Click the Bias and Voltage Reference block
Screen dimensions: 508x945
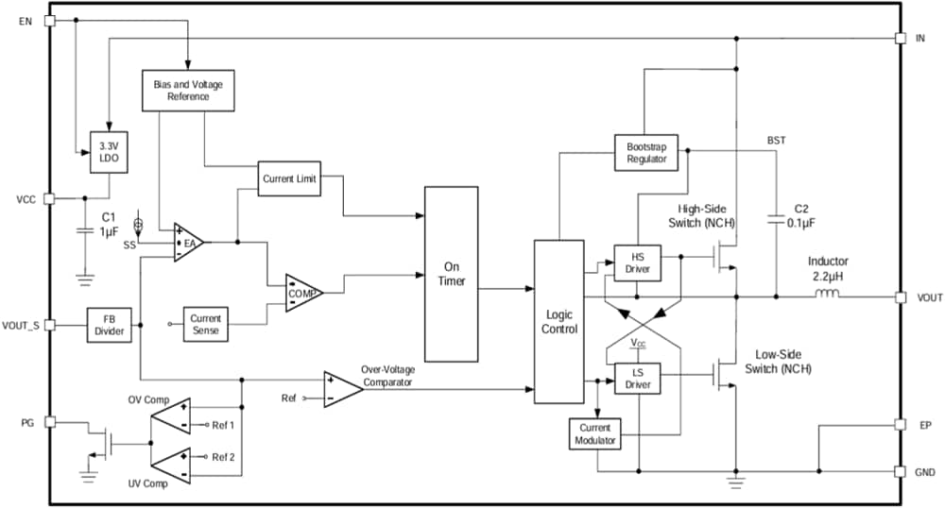[x=188, y=91]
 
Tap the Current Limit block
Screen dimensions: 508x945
[x=289, y=178]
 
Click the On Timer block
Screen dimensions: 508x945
[x=451, y=274]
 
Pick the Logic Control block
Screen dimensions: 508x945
[x=559, y=322]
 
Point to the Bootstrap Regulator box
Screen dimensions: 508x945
[x=646, y=153]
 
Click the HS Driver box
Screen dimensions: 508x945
[x=638, y=263]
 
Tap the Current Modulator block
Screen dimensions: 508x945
[x=595, y=435]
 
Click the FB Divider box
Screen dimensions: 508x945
[x=109, y=325]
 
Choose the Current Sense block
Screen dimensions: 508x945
[x=205, y=324]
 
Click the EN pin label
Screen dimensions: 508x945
[x=26, y=21]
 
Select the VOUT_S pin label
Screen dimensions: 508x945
[x=21, y=325]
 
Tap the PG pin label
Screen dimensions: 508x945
[x=26, y=422]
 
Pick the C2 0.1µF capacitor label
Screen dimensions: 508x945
[x=801, y=215]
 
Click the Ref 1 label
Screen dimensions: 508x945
[x=223, y=425]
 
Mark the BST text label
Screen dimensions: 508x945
[x=777, y=140]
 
